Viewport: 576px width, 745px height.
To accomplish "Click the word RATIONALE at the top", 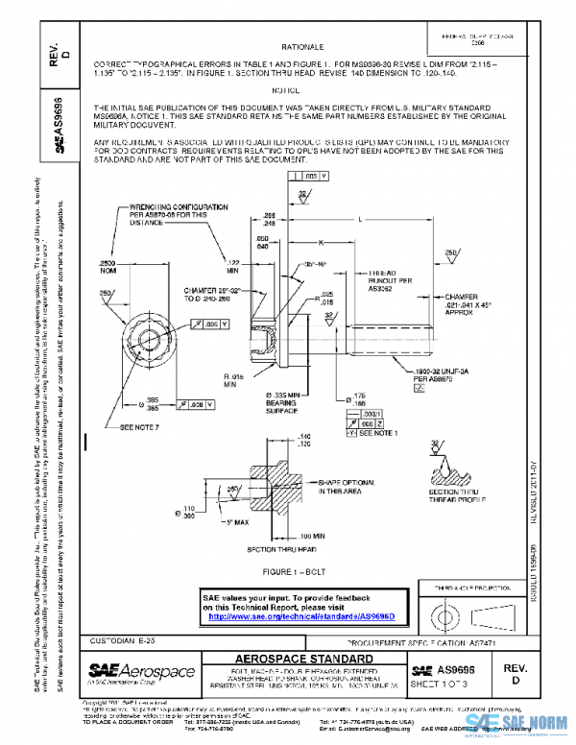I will coord(301,46).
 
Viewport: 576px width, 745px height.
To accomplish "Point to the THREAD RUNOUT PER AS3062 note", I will coord(389,278).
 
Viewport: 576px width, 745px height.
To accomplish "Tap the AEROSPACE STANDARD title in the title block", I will coord(302,660).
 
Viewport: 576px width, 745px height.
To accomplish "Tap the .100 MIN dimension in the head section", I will coord(314,534).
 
